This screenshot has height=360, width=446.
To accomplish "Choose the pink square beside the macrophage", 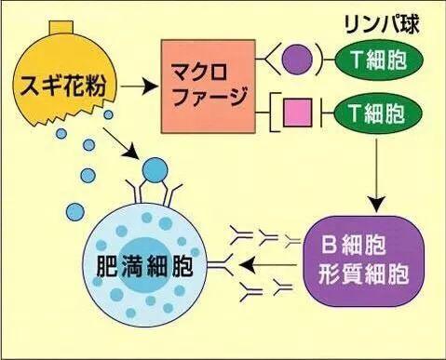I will pos(301,114).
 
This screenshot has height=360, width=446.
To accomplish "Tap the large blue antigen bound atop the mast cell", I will pos(155,170).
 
